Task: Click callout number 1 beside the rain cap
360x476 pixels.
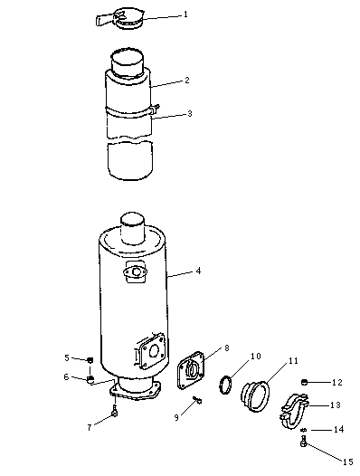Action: tap(185, 14)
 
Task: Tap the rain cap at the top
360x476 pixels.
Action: tap(121, 19)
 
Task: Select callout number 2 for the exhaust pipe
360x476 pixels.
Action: tap(187, 81)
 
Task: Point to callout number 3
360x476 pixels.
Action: tap(190, 114)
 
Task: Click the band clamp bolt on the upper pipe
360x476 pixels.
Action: tap(155, 108)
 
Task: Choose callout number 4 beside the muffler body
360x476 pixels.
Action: tap(198, 271)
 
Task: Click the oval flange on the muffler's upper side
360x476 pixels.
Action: tap(136, 271)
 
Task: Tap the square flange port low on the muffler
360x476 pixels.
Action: tap(151, 351)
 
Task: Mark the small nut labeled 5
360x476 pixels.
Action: tap(90, 360)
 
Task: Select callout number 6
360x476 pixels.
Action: tap(66, 377)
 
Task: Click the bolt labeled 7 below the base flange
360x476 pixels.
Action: tap(115, 411)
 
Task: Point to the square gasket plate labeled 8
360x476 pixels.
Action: tap(191, 370)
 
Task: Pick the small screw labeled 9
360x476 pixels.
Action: tap(197, 400)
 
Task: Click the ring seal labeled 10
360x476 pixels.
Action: tap(225, 385)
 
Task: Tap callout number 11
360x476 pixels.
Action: tap(294, 361)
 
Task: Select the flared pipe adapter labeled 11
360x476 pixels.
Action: tap(255, 396)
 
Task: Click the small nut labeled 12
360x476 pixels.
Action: tap(305, 382)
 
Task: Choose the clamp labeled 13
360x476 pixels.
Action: tap(293, 411)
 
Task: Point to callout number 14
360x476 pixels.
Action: tap(339, 430)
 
